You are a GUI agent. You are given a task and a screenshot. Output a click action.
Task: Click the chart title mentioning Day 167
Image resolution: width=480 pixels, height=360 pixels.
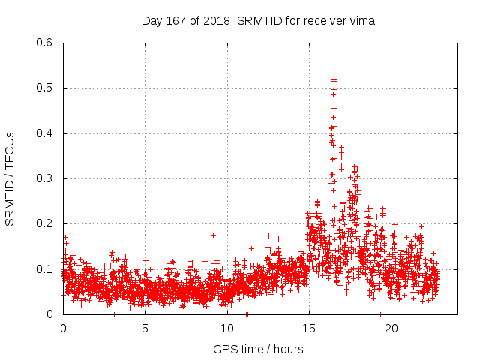pos(258,20)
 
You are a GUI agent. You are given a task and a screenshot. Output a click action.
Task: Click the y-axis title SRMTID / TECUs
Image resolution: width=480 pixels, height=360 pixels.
pos(10,178)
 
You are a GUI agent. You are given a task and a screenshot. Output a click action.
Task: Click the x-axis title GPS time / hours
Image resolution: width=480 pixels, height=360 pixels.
pos(258,349)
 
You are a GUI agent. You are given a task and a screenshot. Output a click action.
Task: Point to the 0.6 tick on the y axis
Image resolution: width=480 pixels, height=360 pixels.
pos(45,43)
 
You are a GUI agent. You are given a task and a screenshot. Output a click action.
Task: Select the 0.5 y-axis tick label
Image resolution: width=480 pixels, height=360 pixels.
pos(45,88)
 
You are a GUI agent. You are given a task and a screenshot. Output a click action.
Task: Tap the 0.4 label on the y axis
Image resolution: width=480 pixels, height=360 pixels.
pos(45,133)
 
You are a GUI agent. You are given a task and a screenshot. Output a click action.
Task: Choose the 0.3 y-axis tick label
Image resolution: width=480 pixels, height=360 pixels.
pos(45,178)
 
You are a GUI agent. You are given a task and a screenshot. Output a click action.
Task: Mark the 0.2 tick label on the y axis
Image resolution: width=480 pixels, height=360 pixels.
pos(45,223)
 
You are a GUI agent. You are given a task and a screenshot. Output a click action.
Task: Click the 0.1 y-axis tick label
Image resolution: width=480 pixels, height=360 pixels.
pos(45,269)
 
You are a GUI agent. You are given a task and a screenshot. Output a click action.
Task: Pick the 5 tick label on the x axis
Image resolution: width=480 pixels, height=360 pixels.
pos(145,328)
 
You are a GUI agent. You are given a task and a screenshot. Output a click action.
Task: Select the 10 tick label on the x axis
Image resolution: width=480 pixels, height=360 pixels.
pos(226,328)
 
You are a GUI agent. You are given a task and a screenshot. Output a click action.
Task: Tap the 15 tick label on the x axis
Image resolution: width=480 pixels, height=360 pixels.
pos(308,328)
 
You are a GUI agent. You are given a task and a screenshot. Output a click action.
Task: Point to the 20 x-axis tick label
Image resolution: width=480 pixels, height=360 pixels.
pos(390,328)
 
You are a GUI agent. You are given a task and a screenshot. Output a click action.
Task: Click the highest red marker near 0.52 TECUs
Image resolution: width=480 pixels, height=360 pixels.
pos(334,79)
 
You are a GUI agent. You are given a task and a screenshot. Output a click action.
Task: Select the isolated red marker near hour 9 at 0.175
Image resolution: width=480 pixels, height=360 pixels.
pos(213,235)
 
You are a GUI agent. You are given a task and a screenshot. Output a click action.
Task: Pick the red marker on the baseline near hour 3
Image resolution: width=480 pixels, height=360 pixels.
pos(113,314)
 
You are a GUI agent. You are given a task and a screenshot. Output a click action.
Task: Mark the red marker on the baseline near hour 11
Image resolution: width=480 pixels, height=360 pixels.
pos(247,314)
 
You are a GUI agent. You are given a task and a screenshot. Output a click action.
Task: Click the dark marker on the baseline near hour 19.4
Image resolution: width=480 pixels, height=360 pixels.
pos(381,314)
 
